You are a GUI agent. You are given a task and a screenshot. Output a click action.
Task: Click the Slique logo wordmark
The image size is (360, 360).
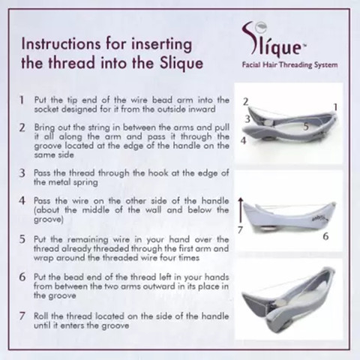pyautogui.click(x=274, y=40)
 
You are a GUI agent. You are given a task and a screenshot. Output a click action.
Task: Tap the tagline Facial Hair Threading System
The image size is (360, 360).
pyautogui.click(x=289, y=65)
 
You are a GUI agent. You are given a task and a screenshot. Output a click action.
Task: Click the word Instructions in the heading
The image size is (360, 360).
pyautogui.click(x=61, y=43)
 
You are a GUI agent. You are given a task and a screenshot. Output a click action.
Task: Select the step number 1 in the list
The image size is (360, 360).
pyautogui.click(x=22, y=100)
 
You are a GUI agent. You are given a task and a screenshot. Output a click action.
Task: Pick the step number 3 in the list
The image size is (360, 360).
pyautogui.click(x=22, y=173)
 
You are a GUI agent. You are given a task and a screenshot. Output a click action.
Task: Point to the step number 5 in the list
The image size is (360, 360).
pyautogui.click(x=22, y=239)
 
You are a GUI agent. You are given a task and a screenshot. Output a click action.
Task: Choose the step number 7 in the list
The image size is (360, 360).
pyautogui.click(x=22, y=316)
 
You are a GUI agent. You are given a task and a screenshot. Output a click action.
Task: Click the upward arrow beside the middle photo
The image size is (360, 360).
pyautogui.click(x=241, y=210)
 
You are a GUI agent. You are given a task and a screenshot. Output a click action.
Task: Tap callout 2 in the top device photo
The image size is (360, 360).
pyautogui.click(x=246, y=102)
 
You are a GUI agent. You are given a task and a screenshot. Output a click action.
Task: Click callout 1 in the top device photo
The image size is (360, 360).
pyautogui.click(x=335, y=107)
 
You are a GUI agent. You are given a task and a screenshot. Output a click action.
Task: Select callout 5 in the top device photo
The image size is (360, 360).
pyautogui.click(x=306, y=127)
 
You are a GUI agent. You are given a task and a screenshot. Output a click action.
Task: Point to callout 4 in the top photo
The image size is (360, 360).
pyautogui.click(x=243, y=141)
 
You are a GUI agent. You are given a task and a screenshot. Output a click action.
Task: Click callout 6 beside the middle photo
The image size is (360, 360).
pyautogui.click(x=325, y=236)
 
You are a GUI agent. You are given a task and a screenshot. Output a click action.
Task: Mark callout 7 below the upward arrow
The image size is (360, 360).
pyautogui.click(x=240, y=229)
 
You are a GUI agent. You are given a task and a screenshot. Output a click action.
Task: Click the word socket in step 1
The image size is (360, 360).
pyautogui.click(x=46, y=109)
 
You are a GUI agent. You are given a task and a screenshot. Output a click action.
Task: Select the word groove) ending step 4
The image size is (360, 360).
pyautogui.click(x=49, y=220)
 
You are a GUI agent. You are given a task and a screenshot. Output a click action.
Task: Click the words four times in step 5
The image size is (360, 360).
pyautogui.click(x=182, y=257)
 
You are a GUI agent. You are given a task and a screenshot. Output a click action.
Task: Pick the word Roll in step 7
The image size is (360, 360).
pyautogui.click(x=41, y=316)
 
